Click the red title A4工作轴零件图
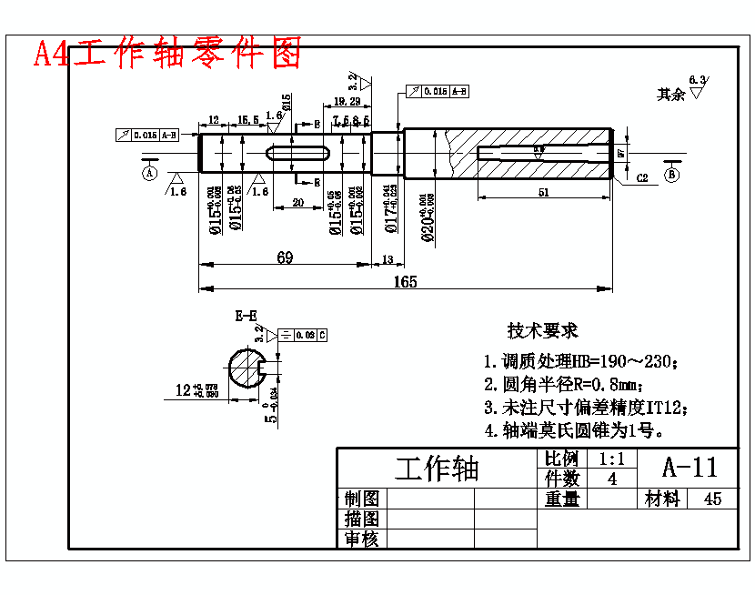coord(167,54)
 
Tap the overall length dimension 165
coord(406,282)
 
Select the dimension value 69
coord(285,257)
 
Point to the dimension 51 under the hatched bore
coord(544,192)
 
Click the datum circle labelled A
coord(150,172)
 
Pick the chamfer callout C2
coord(641,177)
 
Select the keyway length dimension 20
coord(298,203)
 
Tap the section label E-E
coord(246,317)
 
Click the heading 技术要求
coord(543,330)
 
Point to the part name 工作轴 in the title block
coord(437,469)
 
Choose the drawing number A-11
coord(690,467)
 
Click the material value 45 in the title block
coord(712,499)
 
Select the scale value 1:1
coord(613,459)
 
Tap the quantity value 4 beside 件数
coord(612,478)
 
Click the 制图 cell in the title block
coord(362,499)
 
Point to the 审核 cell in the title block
coord(362,539)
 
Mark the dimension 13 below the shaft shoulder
coord(388,259)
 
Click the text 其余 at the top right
coord(671,94)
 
